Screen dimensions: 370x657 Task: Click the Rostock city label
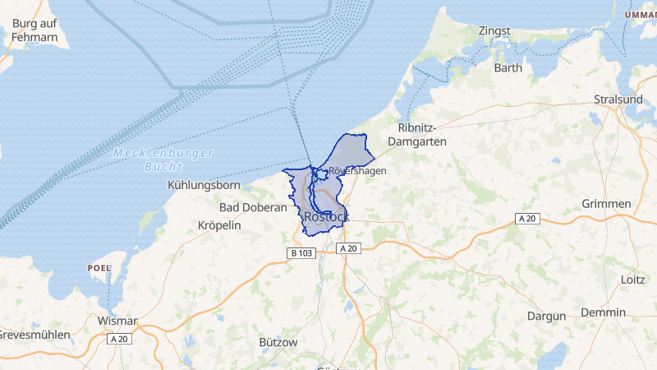coord(326,217)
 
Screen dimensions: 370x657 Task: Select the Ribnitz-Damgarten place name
coord(421,135)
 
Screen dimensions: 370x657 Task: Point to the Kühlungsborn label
coord(204,185)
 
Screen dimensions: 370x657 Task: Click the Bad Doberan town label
coord(253,207)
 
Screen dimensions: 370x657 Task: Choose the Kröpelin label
coord(220,225)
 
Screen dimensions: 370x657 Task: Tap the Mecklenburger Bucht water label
coord(163,160)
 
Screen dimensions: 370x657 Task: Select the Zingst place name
coord(495,31)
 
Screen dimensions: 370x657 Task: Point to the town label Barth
coord(508,68)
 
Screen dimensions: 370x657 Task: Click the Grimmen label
coord(606,204)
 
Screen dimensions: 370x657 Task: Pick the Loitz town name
coord(633,280)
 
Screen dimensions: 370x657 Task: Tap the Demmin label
coord(604,312)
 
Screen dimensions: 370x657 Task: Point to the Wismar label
coord(117,321)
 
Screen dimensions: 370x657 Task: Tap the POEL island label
coord(98,268)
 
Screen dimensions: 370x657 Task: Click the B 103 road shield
coord(301,253)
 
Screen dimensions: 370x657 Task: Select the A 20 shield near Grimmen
coord(528,218)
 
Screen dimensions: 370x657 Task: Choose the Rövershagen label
coord(358,171)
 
